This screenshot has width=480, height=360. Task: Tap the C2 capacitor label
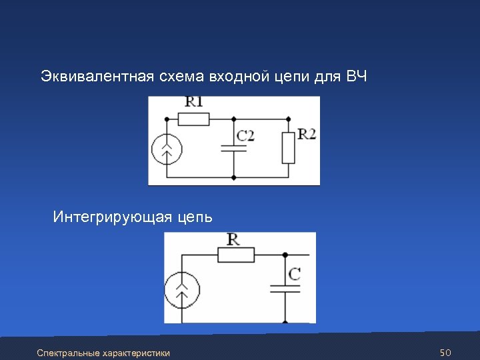[245, 135]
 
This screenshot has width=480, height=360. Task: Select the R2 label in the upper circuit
[307, 134]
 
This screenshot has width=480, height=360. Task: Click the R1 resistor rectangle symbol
[194, 119]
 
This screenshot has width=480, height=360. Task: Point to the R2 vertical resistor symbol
[288, 148]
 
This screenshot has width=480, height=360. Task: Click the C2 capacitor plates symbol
[233, 147]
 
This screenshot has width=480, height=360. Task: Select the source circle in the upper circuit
[167, 149]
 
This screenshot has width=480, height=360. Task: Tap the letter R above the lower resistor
[234, 239]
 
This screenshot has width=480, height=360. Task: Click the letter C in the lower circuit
[294, 273]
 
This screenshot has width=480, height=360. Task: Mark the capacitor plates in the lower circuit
[285, 288]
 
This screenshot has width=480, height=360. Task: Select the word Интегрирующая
[112, 217]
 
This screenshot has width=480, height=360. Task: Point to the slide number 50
[446, 351]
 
